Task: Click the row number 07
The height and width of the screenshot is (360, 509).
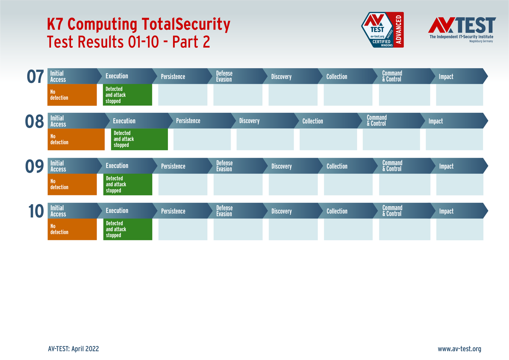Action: click(x=35, y=76)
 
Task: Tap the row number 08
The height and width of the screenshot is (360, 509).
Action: click(x=34, y=121)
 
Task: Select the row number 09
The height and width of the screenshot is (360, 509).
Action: click(x=34, y=166)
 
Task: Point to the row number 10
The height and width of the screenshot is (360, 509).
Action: click(x=36, y=211)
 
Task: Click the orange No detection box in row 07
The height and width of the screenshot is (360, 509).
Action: click(x=72, y=95)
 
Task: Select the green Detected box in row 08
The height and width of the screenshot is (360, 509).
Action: click(x=139, y=139)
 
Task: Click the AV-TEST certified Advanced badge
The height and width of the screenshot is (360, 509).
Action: click(x=383, y=30)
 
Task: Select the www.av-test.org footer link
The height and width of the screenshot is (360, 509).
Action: click(x=459, y=349)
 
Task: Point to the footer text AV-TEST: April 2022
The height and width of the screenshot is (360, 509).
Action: click(x=73, y=349)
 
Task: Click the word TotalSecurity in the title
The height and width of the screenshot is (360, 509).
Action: click(x=186, y=24)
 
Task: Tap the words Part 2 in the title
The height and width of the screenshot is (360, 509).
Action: click(x=191, y=42)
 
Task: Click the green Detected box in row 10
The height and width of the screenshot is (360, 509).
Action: click(x=128, y=229)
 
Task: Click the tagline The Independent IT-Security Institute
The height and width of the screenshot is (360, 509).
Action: click(x=461, y=37)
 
